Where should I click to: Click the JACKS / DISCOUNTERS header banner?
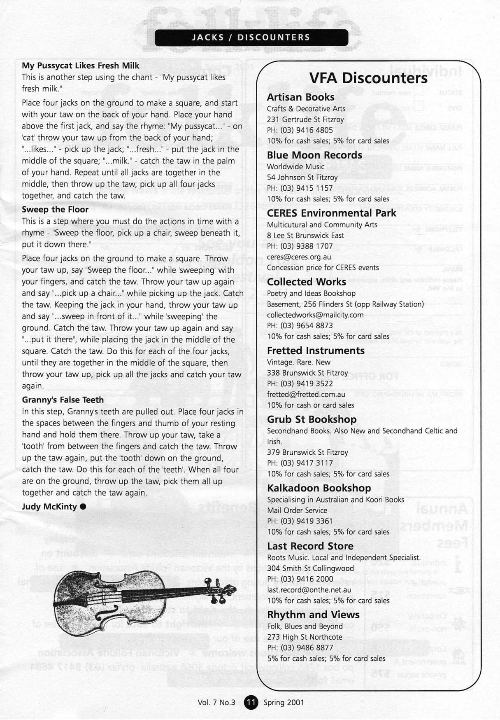point(251,37)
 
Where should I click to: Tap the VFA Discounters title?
point(368,78)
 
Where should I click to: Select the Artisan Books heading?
point(300,97)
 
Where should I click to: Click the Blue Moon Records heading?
point(314,155)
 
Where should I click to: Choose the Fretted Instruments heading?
point(316,351)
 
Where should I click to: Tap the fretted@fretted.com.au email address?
point(306,394)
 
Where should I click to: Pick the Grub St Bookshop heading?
point(312,419)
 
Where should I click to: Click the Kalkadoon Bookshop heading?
point(319,488)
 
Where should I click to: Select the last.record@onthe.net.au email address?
point(309,590)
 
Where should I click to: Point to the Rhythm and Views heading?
point(313,615)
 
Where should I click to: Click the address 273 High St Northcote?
point(305,637)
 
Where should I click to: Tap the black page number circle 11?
point(251,702)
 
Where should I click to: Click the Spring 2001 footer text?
point(284,702)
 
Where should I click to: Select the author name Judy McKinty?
point(49,507)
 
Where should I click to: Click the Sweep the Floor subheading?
point(55,210)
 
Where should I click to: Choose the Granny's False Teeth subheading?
point(63,400)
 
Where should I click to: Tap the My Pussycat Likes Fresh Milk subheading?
point(80,65)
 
